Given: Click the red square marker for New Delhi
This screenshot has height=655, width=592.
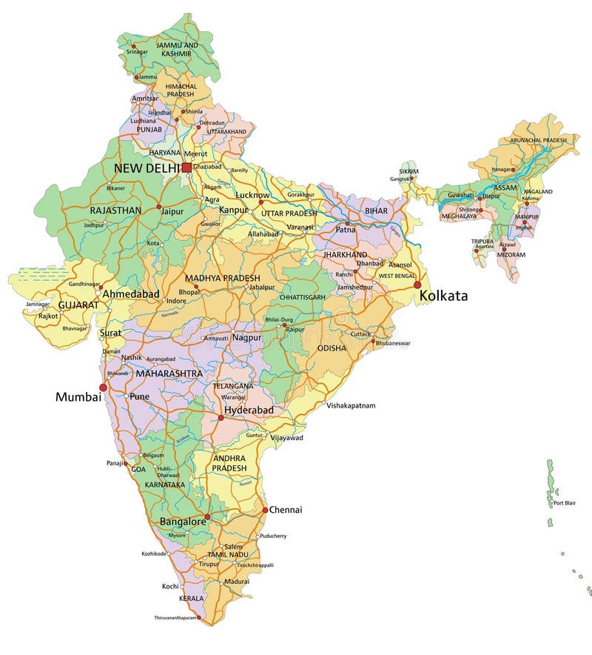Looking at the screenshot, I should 186,168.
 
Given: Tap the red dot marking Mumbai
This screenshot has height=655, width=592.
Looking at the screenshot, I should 104,387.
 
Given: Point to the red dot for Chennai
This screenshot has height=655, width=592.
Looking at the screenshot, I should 265,510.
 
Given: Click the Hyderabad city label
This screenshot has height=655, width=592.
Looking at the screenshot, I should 249,410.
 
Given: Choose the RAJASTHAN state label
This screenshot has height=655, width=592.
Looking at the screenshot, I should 115,210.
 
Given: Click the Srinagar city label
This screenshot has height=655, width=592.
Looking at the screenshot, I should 137,52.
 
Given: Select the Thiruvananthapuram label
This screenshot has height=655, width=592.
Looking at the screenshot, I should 175,617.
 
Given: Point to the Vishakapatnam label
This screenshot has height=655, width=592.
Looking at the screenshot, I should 351,405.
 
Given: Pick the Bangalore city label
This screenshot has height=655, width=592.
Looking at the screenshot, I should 183,522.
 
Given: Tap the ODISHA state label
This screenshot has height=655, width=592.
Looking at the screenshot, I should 332,348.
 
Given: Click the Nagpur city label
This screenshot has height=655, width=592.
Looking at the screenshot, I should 246,337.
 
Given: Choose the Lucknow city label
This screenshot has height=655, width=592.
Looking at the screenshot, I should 252,194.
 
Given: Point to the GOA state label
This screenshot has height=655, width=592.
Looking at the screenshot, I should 138,469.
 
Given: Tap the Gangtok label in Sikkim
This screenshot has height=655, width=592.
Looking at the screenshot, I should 400,179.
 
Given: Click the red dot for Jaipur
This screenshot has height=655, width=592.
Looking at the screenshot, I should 158,207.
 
